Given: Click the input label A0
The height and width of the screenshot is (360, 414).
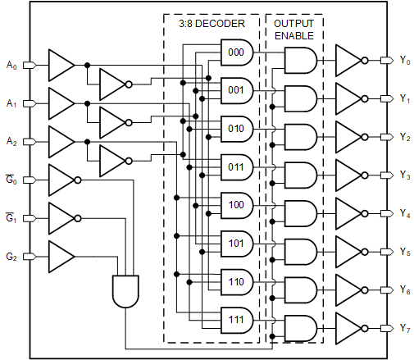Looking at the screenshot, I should tap(11, 64).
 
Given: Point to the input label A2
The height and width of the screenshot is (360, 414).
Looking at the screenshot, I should tap(11, 141).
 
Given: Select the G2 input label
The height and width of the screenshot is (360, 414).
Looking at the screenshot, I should tap(11, 257).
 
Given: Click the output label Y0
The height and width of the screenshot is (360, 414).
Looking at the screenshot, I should tap(404, 60).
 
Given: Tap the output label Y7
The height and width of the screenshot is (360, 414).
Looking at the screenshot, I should tap(404, 328).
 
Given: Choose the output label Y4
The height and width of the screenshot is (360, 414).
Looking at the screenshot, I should tap(404, 213).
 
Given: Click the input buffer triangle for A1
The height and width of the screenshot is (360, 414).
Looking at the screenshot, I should tap(60, 103).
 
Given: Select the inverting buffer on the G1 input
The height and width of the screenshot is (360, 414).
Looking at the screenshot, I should tap(61, 218).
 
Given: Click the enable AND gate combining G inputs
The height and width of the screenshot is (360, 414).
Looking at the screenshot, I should tap(125, 290).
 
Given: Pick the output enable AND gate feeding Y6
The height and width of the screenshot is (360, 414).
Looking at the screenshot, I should tap(300, 289).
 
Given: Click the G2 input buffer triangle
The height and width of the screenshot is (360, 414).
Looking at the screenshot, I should tap(60, 256).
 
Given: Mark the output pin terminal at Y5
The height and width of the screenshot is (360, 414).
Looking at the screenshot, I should tap(388, 251).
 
